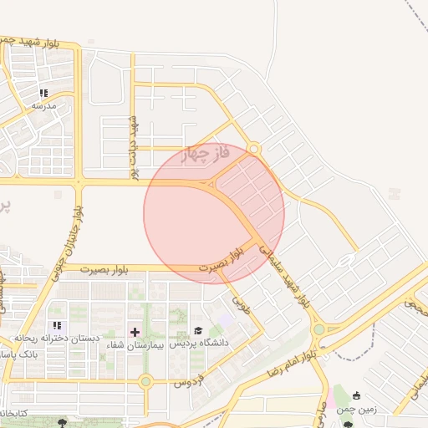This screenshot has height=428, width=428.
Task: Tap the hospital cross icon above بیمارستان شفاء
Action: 135,333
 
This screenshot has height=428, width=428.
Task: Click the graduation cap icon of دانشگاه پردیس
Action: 198,332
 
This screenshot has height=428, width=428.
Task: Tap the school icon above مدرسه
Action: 43,93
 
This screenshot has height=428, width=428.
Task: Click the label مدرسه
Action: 43,105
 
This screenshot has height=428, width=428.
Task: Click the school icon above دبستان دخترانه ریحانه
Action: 57,325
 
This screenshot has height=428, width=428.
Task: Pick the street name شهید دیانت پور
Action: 132,146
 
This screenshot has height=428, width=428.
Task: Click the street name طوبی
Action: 242,298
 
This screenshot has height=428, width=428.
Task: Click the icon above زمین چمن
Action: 357,395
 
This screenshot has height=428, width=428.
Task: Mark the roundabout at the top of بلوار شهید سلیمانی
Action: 253,150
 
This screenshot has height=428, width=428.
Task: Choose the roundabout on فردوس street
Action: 145,382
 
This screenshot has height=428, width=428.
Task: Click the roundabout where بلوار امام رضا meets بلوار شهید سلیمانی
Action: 318,329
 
